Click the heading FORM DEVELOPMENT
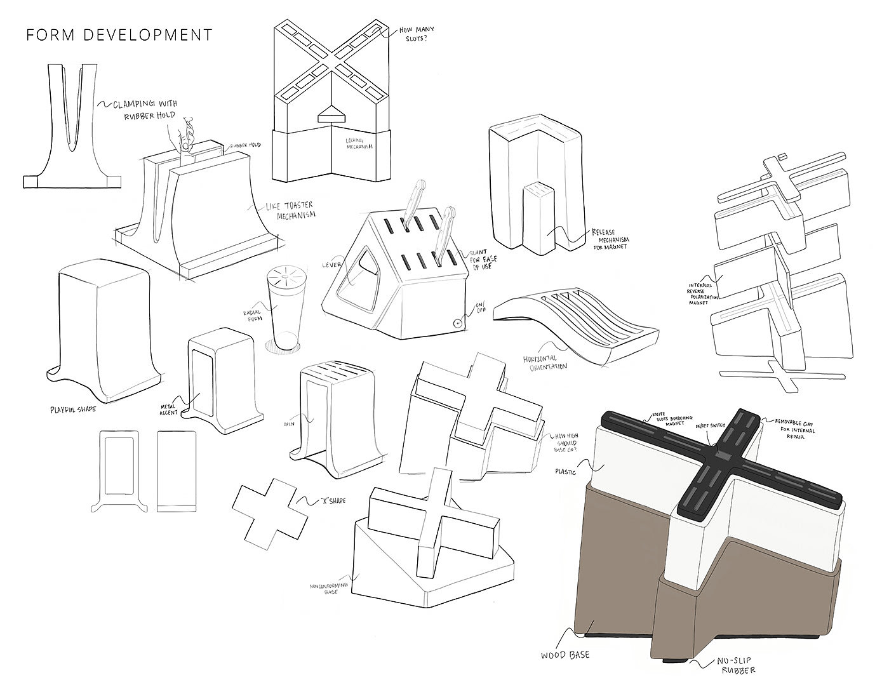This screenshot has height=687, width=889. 119,34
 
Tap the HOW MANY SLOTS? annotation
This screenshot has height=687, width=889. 414,37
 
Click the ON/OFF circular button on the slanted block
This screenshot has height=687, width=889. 456,323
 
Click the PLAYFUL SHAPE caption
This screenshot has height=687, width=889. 73,409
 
